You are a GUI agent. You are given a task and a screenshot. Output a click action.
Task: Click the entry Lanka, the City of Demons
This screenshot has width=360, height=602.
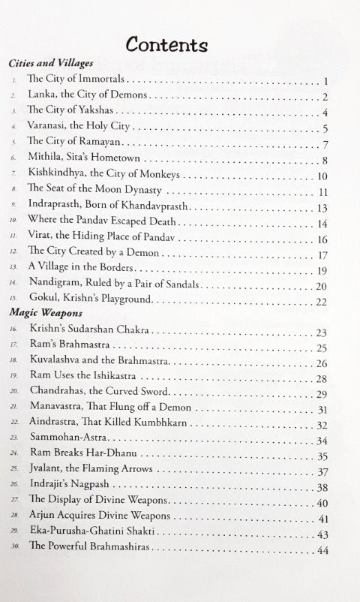[88, 96]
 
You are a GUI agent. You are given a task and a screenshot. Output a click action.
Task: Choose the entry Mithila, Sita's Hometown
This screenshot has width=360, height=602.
[84, 159]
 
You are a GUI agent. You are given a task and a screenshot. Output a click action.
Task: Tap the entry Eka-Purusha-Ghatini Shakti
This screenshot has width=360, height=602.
[101, 534]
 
